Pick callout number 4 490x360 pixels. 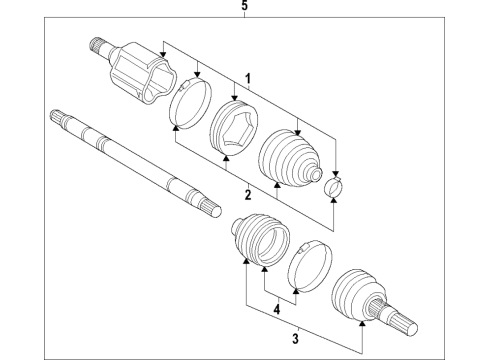[x=278, y=309]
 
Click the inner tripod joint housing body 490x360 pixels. [x=140, y=72]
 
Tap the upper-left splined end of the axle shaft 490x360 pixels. [x=57, y=119]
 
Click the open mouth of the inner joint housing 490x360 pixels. [x=167, y=86]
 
